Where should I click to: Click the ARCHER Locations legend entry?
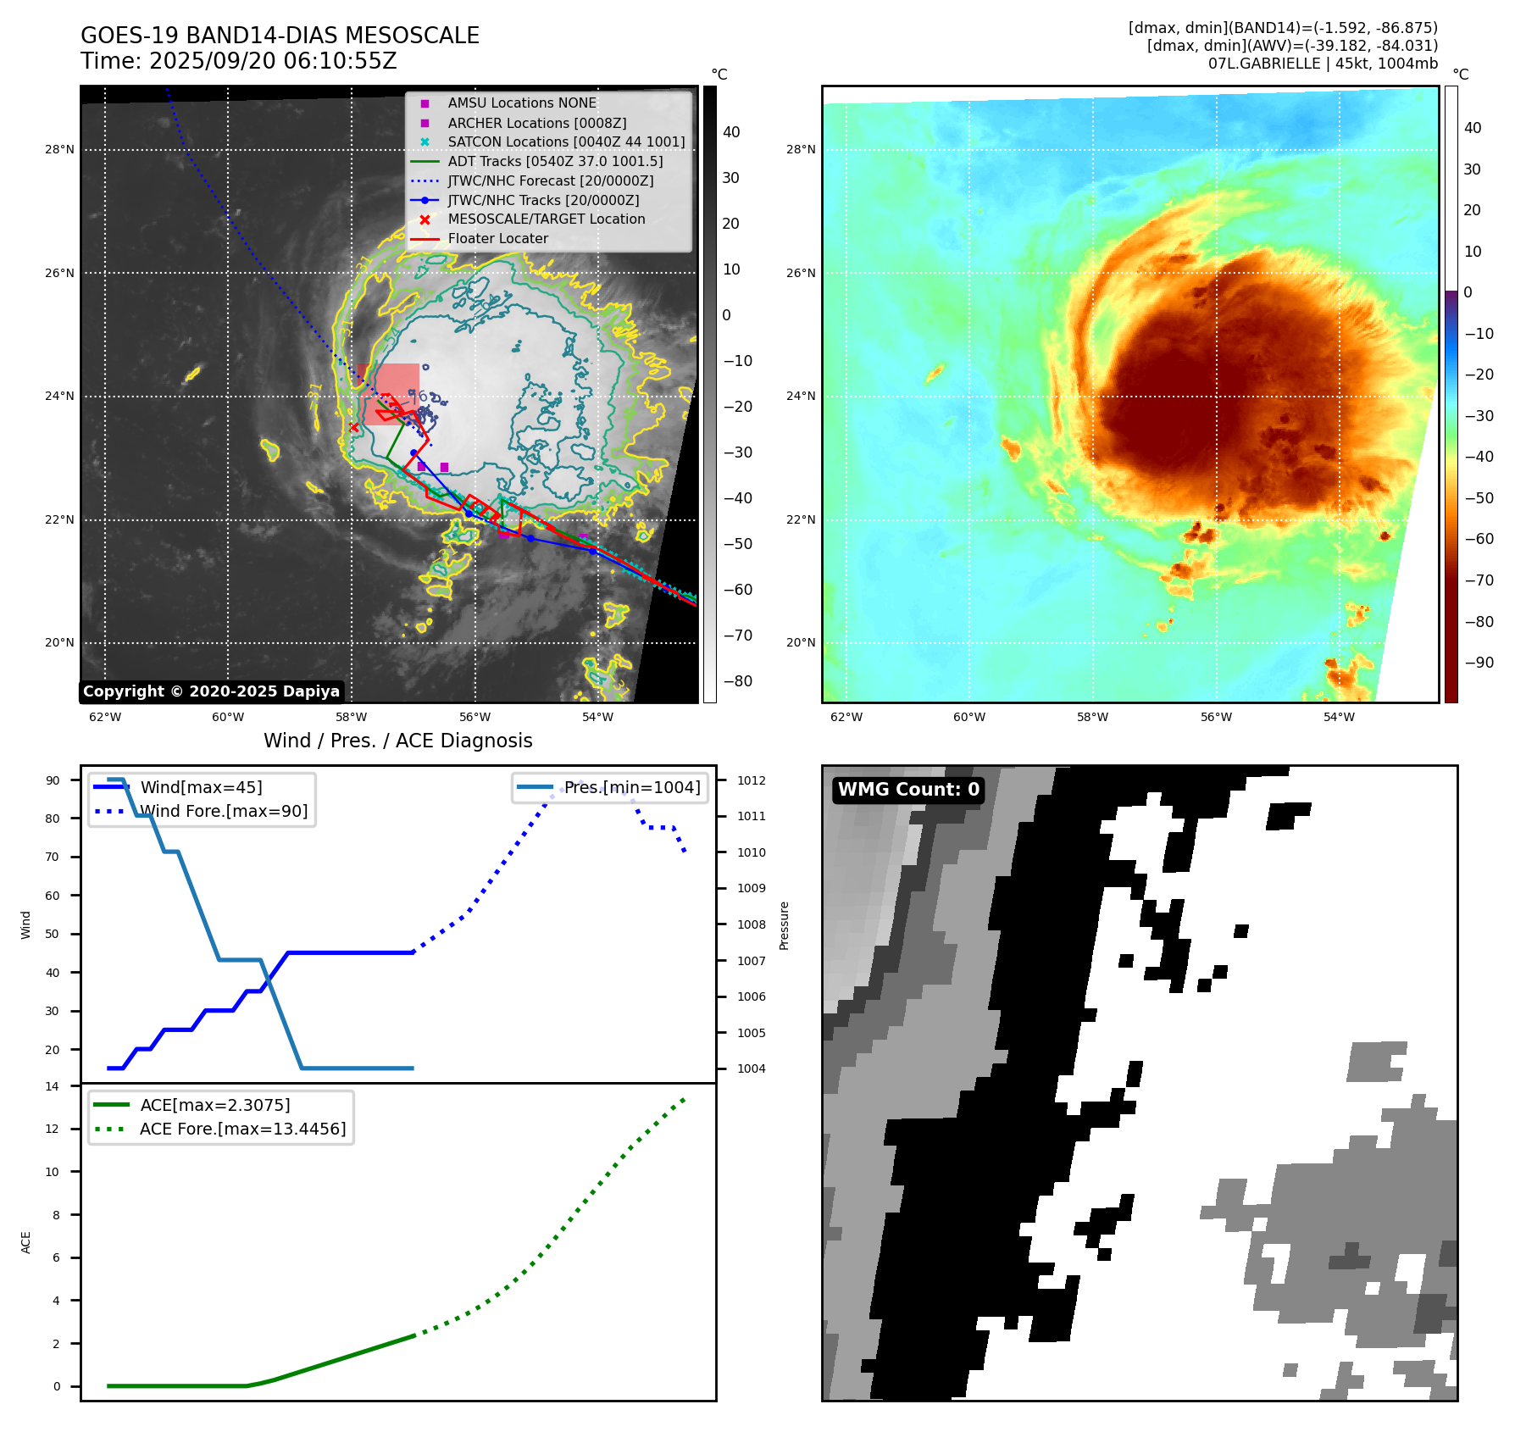(x=536, y=123)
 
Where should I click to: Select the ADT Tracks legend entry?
(x=555, y=161)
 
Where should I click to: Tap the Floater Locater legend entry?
(x=497, y=239)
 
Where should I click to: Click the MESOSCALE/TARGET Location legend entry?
(x=546, y=219)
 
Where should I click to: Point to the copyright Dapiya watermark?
(x=211, y=691)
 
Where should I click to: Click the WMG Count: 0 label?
(x=908, y=790)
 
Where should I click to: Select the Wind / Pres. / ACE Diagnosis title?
(x=397, y=741)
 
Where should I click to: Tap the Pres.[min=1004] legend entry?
(x=632, y=787)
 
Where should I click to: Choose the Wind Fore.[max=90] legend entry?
(x=224, y=811)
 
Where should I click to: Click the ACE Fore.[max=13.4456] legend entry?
(x=242, y=1129)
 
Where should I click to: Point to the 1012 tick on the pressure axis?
(x=751, y=780)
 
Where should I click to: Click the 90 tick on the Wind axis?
(x=53, y=780)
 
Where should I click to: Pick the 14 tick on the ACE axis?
(x=53, y=1086)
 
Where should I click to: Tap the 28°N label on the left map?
(x=59, y=150)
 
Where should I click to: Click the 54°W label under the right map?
(x=1339, y=717)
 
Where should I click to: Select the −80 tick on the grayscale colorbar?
(x=737, y=681)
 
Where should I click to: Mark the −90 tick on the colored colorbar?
(x=1479, y=663)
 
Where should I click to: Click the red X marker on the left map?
(x=354, y=427)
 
